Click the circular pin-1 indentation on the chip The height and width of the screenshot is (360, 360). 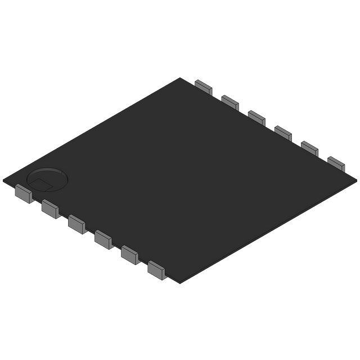coord(47,178)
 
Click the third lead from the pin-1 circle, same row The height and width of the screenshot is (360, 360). coord(76,222)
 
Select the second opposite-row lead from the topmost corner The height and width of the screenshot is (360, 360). coord(230,102)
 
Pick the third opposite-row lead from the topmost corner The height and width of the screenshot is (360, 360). coord(256,117)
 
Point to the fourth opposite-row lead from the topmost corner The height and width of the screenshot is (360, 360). coord(283,132)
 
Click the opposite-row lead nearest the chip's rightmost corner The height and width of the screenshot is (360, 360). coord(336,163)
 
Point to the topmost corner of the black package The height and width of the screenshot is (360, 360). coord(181,77)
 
